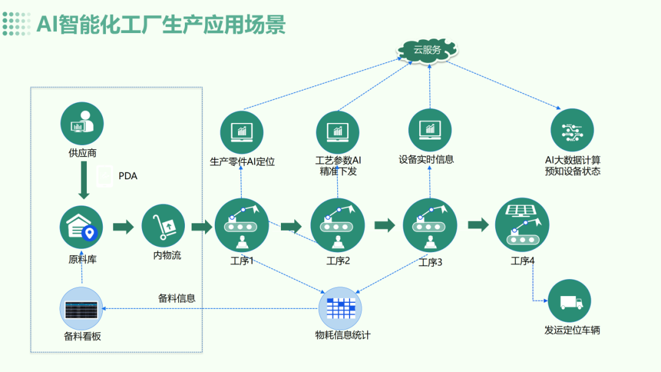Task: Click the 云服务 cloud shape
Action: pos(427,50)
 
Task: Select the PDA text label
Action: pos(128,176)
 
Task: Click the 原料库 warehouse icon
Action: pos(81,227)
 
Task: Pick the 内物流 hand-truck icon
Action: pos(163,225)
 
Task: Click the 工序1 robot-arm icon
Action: pos(242,225)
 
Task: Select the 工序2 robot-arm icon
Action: pos(338,225)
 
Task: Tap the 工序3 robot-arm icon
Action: pos(430,225)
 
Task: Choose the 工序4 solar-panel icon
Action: pos(522,223)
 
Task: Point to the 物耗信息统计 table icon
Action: pos(340,307)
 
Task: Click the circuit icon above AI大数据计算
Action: pos(572,130)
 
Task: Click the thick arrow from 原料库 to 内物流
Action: pos(124,227)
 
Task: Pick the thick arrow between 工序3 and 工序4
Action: pos(478,225)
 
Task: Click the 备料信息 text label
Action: pos(177,299)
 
